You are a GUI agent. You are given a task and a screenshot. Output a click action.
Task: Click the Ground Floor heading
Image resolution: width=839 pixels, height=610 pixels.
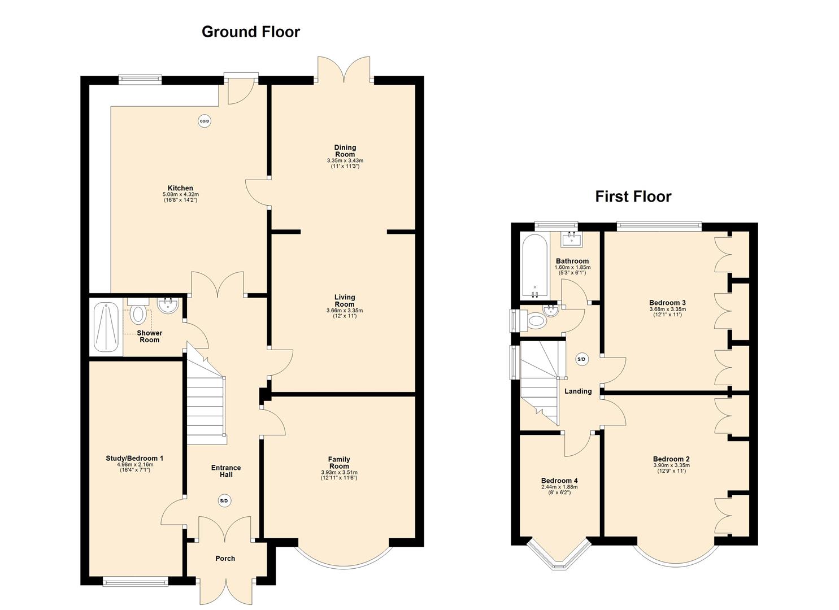click(250, 32)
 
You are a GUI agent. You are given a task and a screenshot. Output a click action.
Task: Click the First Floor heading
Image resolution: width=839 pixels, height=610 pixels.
click(633, 197)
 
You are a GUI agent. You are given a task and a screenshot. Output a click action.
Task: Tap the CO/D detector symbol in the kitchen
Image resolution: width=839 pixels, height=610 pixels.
click(205, 120)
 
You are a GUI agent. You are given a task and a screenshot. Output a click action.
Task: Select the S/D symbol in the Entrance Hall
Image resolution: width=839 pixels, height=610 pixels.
click(224, 500)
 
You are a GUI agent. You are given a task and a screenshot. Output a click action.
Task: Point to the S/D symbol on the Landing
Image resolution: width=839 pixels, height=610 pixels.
click(581, 359)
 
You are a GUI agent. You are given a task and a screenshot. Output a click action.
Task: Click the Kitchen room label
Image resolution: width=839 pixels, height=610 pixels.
click(180, 188)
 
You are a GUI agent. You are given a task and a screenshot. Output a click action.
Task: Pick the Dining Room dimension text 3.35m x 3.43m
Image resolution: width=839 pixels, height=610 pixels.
click(345, 161)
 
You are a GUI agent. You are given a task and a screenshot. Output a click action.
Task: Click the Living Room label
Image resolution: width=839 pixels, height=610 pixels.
click(345, 300)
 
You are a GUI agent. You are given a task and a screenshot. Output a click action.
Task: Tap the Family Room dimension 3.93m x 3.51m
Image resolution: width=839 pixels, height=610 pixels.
click(339, 473)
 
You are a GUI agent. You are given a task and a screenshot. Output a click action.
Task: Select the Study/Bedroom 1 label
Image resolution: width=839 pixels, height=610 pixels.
click(134, 458)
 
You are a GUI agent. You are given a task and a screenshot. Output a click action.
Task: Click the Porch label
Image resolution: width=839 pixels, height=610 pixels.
click(225, 559)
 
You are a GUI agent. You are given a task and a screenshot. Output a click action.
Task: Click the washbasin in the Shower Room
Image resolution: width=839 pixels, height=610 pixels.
click(168, 306)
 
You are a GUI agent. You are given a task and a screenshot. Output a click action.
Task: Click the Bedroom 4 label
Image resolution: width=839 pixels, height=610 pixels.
click(559, 481)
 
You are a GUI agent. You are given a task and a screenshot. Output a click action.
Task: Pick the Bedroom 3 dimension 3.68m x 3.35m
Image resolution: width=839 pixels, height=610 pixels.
click(667, 310)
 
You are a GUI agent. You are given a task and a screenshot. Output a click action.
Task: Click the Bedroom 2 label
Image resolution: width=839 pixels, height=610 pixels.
click(671, 459)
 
